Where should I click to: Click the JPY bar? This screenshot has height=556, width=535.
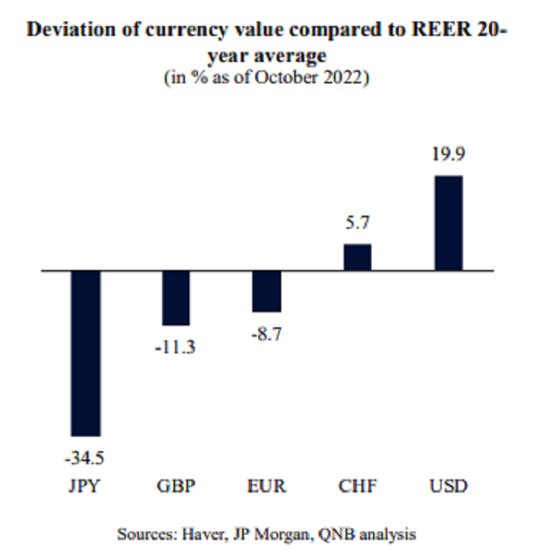[x=86, y=353]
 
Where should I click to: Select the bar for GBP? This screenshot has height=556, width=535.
[x=176, y=298]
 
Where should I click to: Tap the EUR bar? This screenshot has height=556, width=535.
[x=267, y=291]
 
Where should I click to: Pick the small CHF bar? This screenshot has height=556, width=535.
[x=358, y=258]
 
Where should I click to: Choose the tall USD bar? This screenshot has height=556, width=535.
[x=448, y=223]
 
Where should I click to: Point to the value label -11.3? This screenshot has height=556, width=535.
[x=176, y=348]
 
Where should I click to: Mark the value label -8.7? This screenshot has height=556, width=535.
[x=267, y=334]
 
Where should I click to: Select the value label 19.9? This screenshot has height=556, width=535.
[x=448, y=155]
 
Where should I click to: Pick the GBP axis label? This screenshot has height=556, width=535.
[x=176, y=486]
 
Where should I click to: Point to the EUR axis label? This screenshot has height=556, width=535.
[x=267, y=486]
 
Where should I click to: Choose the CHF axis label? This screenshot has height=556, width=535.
[x=358, y=486]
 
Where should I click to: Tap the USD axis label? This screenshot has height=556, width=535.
[x=448, y=486]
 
